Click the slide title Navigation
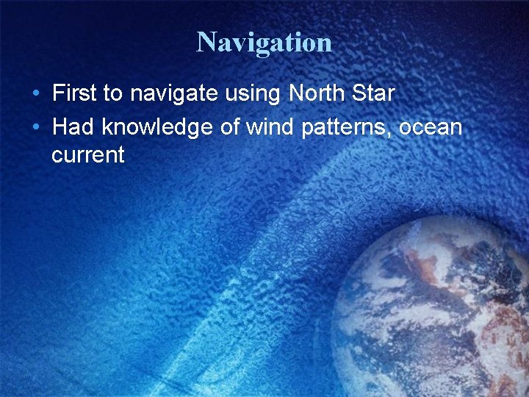pyautogui.click(x=264, y=42)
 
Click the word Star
pyautogui.click(x=374, y=93)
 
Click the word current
pyautogui.click(x=88, y=155)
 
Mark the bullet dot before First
pyautogui.click(x=35, y=94)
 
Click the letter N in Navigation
pyautogui.click(x=206, y=42)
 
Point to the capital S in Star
pyautogui.click(x=359, y=93)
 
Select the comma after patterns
pyautogui.click(x=395, y=134)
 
